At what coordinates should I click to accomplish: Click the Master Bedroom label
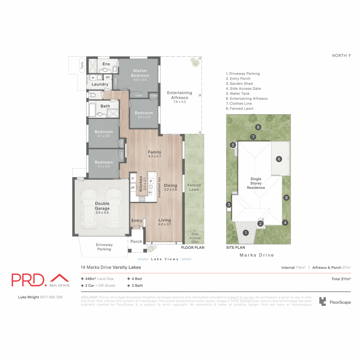(140, 73)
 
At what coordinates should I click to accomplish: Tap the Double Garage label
(102, 206)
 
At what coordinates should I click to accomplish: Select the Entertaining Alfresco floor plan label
(179, 95)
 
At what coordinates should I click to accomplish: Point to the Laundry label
(100, 84)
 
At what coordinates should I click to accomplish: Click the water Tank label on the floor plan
(82, 65)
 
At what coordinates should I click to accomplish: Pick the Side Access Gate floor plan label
(195, 238)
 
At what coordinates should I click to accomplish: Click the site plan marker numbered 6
(279, 159)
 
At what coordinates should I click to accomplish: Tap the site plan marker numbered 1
(246, 233)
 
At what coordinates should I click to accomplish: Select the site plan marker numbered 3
(229, 205)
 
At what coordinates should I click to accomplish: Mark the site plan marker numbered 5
(233, 145)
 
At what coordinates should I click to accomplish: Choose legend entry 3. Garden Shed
(239, 84)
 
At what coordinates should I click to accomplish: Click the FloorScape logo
(335, 302)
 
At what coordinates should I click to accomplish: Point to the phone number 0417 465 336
(51, 297)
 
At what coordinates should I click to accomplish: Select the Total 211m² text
(341, 279)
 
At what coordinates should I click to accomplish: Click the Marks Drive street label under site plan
(256, 255)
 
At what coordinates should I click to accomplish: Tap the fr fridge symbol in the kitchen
(133, 178)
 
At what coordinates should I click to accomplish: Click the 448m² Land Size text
(99, 279)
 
